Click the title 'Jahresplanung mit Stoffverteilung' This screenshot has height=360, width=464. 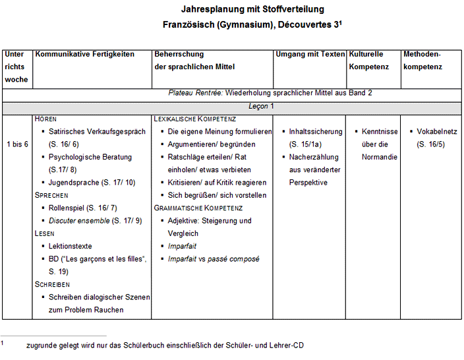pyautogui.click(x=252, y=9)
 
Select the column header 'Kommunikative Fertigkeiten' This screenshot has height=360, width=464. pyautogui.click(x=84, y=54)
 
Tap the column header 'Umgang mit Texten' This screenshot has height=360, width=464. pyautogui.click(x=310, y=54)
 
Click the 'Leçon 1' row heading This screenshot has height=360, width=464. pyautogui.click(x=261, y=106)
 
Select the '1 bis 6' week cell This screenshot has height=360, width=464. pyautogui.click(x=17, y=144)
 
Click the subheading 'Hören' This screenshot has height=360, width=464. pyautogui.click(x=45, y=119)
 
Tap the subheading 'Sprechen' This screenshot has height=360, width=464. pyautogui.click(x=51, y=195)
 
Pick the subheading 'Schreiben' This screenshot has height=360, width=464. pyautogui.click(x=52, y=284)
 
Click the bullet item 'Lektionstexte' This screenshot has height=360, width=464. pyautogui.click(x=70, y=246)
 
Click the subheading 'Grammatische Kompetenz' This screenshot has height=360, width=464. pyautogui.click(x=198, y=208)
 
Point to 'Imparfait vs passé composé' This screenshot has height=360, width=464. pyautogui.click(x=213, y=259)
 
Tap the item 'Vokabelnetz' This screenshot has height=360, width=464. pyautogui.click(x=438, y=131)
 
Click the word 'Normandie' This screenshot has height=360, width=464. pyautogui.click(x=380, y=157)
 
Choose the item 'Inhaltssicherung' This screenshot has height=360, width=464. pyautogui.click(x=316, y=131)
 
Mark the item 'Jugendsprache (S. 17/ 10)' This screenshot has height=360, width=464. pyautogui.click(x=92, y=183)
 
